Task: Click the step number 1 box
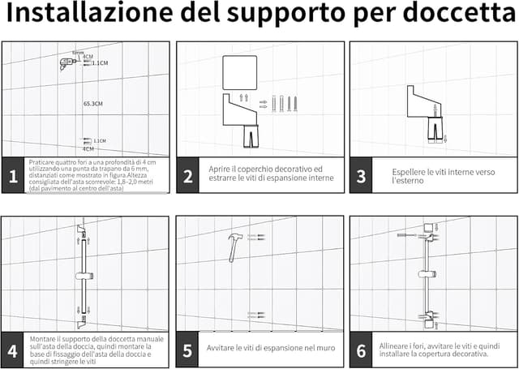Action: tap(13, 176)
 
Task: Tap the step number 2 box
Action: tap(187, 176)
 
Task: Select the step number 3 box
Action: tap(361, 176)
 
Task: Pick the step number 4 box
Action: tap(13, 350)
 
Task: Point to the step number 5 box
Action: tap(187, 350)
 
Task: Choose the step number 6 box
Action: tap(361, 350)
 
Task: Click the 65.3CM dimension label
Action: tap(92, 104)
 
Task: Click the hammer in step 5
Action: tap(235, 244)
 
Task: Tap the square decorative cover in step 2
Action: tap(239, 71)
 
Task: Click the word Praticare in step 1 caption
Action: tap(42, 162)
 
